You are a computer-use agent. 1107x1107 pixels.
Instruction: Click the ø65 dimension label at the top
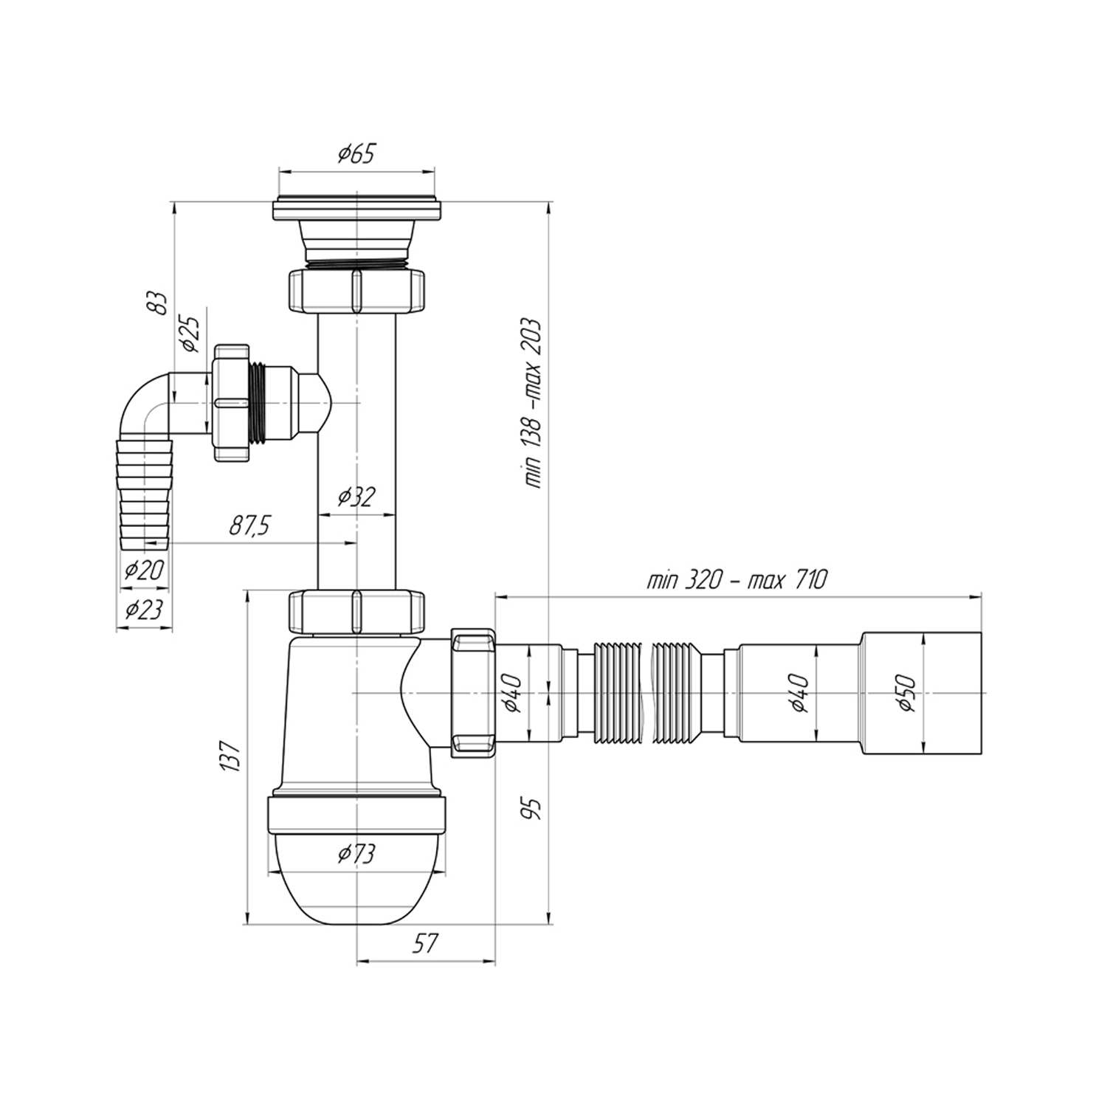[x=356, y=154]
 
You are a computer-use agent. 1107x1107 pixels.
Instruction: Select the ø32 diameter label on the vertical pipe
[x=356, y=497]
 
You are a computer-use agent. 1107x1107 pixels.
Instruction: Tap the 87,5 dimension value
[x=250, y=526]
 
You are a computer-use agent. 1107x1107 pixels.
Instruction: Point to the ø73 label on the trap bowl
[x=356, y=854]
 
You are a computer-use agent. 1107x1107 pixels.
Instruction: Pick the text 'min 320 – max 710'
[x=737, y=580]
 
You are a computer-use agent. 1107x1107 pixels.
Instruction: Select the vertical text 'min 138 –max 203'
[x=533, y=403]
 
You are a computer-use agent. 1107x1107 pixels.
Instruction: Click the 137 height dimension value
[x=231, y=755]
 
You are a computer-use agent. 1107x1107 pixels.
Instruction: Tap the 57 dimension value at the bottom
[x=424, y=942]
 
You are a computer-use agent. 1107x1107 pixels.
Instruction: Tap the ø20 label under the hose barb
[x=144, y=569]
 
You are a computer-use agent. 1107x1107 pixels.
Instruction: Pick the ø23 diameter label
[x=144, y=609]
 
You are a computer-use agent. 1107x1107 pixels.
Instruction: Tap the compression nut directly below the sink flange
[x=356, y=291]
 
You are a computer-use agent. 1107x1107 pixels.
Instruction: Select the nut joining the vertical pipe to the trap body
[x=356, y=612]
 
